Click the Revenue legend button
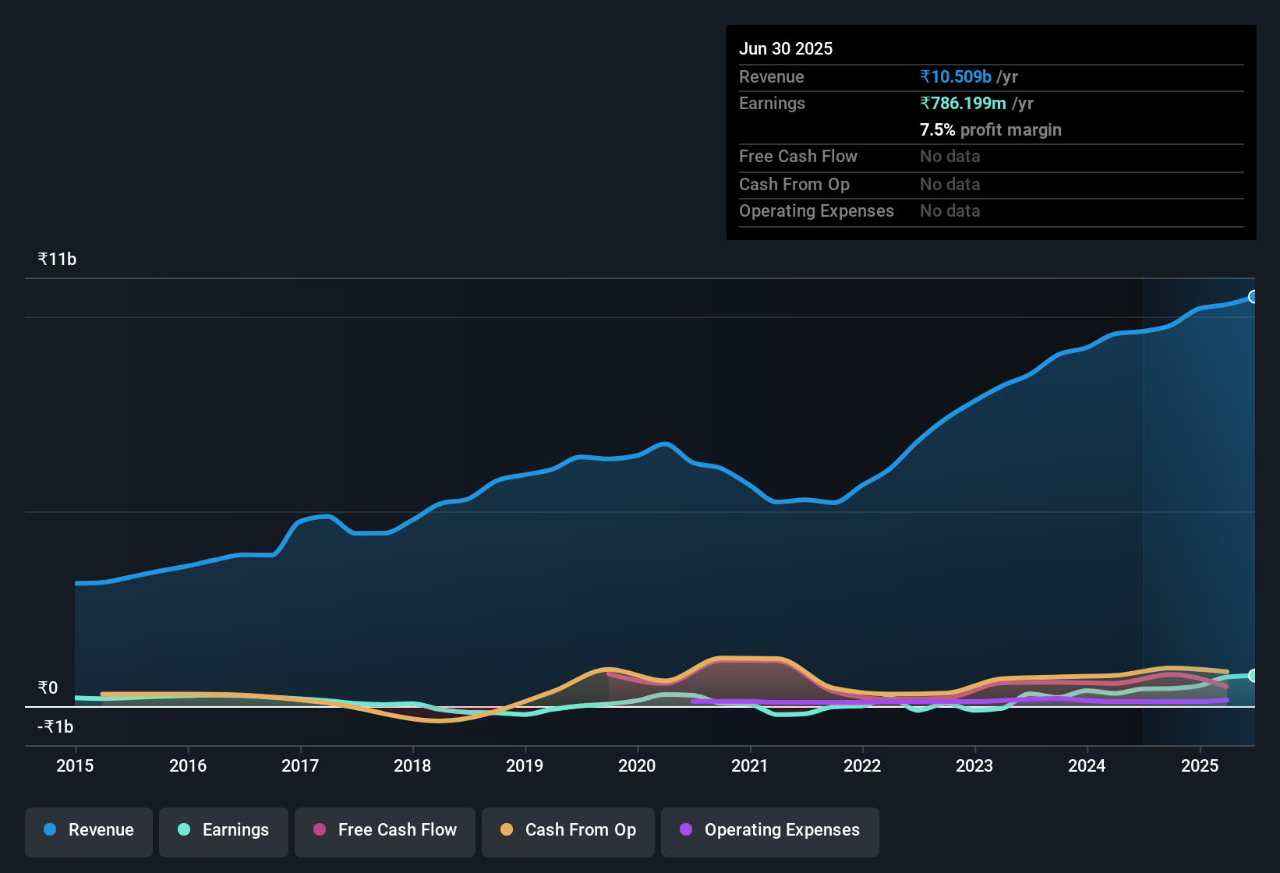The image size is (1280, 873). click(89, 830)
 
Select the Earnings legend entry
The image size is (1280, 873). click(224, 830)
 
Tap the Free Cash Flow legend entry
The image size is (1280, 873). click(385, 830)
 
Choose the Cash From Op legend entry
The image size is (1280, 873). click(568, 830)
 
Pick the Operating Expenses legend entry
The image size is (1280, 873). click(770, 830)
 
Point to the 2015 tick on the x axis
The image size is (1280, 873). click(75, 765)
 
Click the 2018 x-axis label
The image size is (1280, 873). click(412, 765)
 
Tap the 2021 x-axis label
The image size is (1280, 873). click(750, 765)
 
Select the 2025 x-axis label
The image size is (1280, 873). click(1200, 765)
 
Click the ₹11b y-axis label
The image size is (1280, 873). click(57, 260)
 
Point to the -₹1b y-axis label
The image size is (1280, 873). click(55, 727)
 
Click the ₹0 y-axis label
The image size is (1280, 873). click(48, 688)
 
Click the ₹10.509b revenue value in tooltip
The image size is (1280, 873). click(956, 77)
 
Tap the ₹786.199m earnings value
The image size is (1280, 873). click(963, 104)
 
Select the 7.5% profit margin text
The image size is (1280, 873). click(990, 130)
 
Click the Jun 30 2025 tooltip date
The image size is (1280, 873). click(786, 49)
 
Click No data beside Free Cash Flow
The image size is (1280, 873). click(949, 157)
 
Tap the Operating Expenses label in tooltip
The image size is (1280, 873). click(816, 211)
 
